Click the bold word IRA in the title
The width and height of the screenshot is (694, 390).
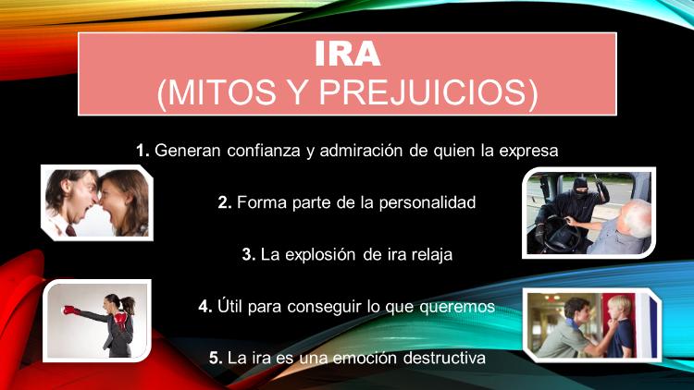click(347, 54)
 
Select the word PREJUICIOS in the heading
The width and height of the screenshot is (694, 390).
click(428, 92)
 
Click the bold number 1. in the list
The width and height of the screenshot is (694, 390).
click(143, 151)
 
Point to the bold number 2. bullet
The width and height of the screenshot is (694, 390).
click(225, 203)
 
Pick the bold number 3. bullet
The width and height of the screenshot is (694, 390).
click(249, 255)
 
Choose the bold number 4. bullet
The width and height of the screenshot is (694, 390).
click(205, 307)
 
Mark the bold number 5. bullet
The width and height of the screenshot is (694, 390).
click(216, 358)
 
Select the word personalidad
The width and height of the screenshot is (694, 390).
click(428, 203)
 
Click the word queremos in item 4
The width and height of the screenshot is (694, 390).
click(457, 307)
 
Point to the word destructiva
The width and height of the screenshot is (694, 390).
click(444, 358)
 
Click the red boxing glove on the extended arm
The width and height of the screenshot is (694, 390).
click(71, 311)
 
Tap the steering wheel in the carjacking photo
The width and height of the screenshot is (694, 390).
click(561, 233)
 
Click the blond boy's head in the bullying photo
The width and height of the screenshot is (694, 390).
click(620, 310)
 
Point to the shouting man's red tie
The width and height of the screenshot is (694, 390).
click(70, 230)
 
